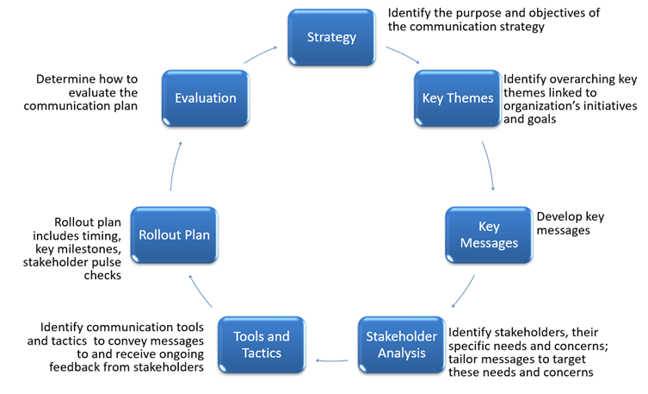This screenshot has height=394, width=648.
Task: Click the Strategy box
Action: [x=331, y=37]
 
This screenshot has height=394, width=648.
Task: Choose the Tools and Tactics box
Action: [x=261, y=346]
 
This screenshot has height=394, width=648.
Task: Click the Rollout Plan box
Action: [x=175, y=235]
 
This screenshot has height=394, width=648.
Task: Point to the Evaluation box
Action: [x=205, y=98]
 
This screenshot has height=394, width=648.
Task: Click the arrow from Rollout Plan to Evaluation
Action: [x=176, y=166]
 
